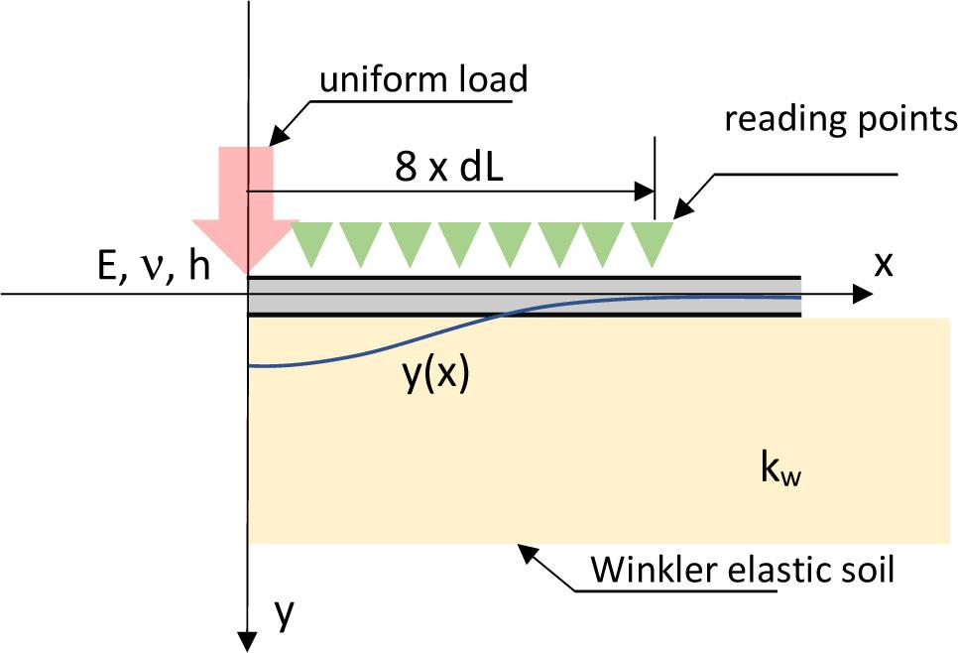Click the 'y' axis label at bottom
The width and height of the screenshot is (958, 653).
[284, 615]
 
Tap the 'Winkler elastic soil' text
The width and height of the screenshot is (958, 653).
[742, 570]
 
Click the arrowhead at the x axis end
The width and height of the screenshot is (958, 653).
[862, 294]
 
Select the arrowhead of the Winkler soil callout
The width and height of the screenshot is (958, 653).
[523, 549]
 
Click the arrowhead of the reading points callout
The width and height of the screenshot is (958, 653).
[681, 211]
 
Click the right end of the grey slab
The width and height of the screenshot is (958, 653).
[799, 296]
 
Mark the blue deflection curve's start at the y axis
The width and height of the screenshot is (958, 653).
[250, 365]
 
